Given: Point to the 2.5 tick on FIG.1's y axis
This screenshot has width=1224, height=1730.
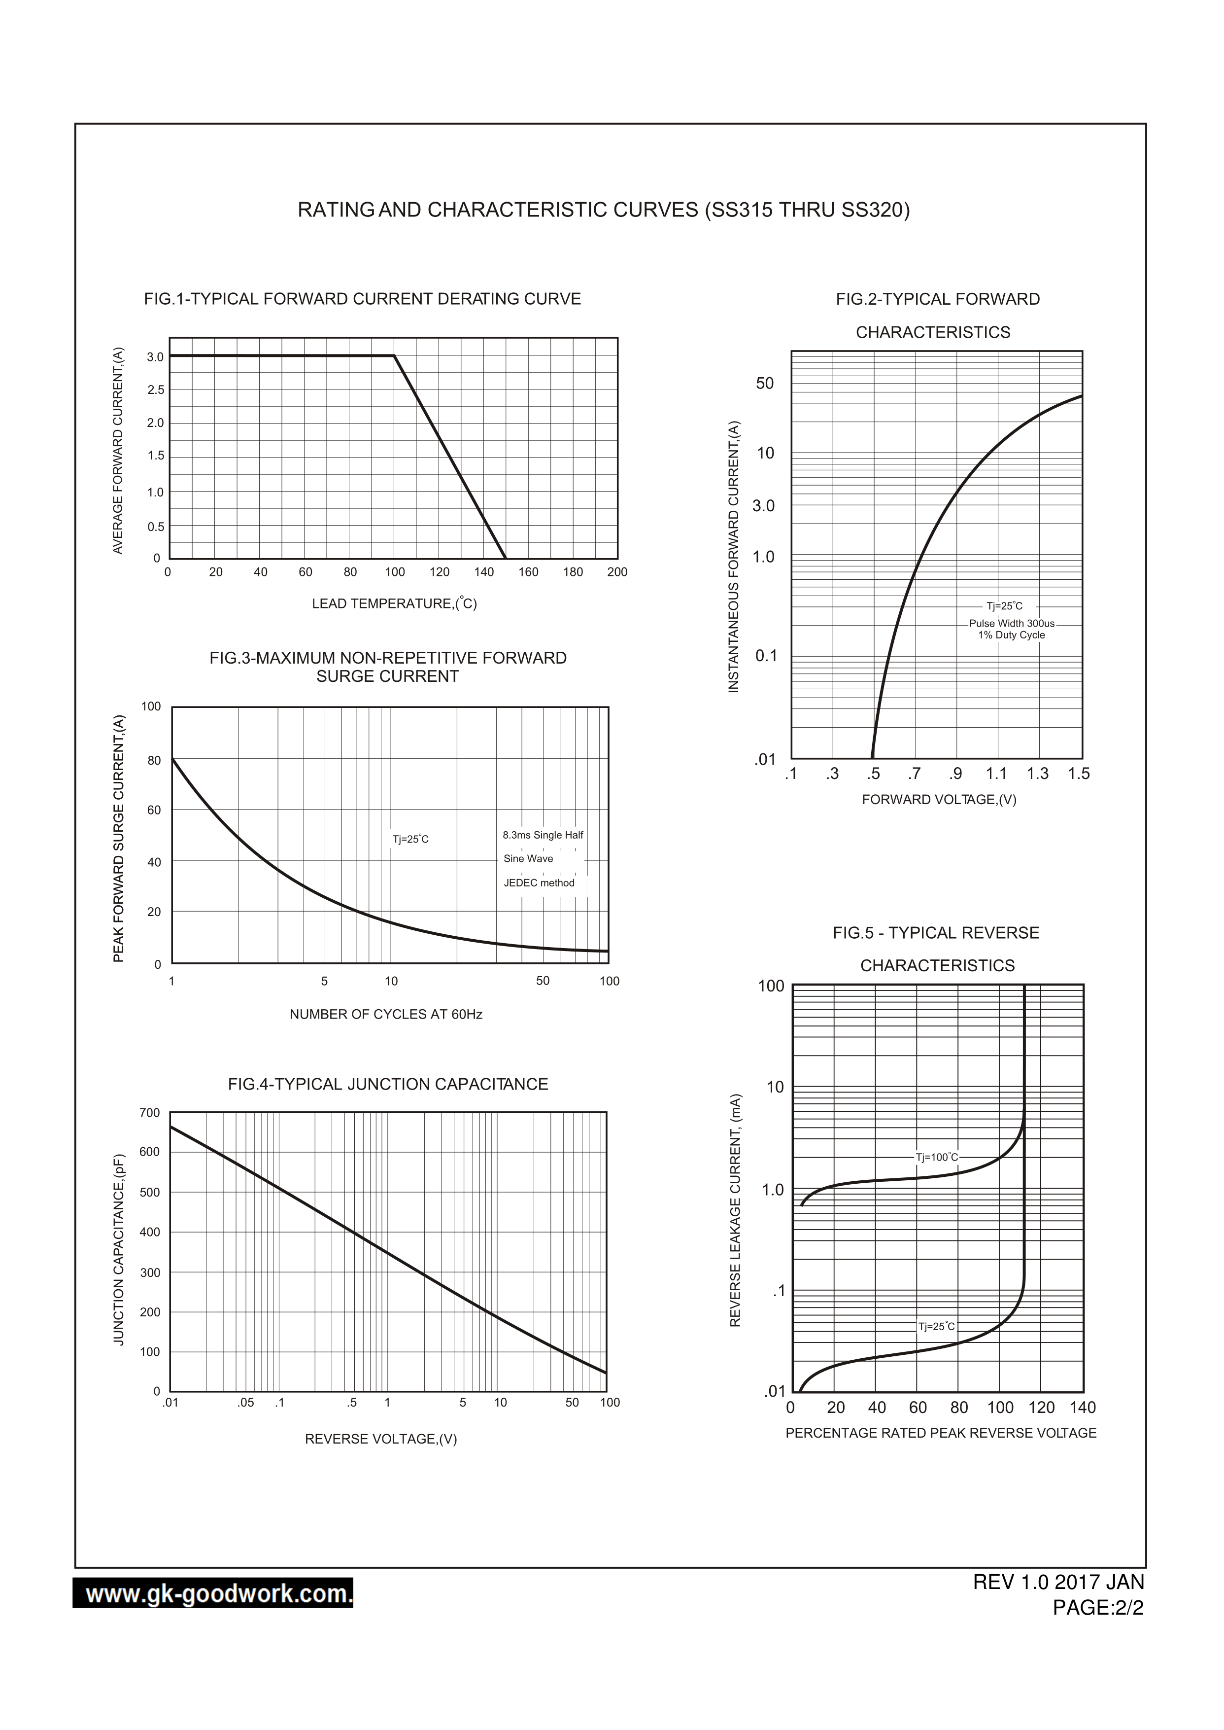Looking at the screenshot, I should (x=155, y=390).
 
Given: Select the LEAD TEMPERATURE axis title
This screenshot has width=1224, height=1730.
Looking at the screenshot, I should (x=394, y=603).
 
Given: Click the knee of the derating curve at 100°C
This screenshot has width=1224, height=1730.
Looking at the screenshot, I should (x=394, y=356).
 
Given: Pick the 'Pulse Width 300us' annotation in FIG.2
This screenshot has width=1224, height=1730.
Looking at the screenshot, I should (x=1012, y=624).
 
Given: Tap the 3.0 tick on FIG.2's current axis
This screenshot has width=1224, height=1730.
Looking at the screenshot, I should (x=763, y=505).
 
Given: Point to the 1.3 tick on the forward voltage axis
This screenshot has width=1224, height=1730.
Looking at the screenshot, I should (x=1037, y=774).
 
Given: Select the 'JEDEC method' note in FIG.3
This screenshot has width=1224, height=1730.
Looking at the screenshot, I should (x=539, y=883).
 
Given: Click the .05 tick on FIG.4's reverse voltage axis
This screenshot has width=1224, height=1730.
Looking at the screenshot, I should (x=246, y=1403).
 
